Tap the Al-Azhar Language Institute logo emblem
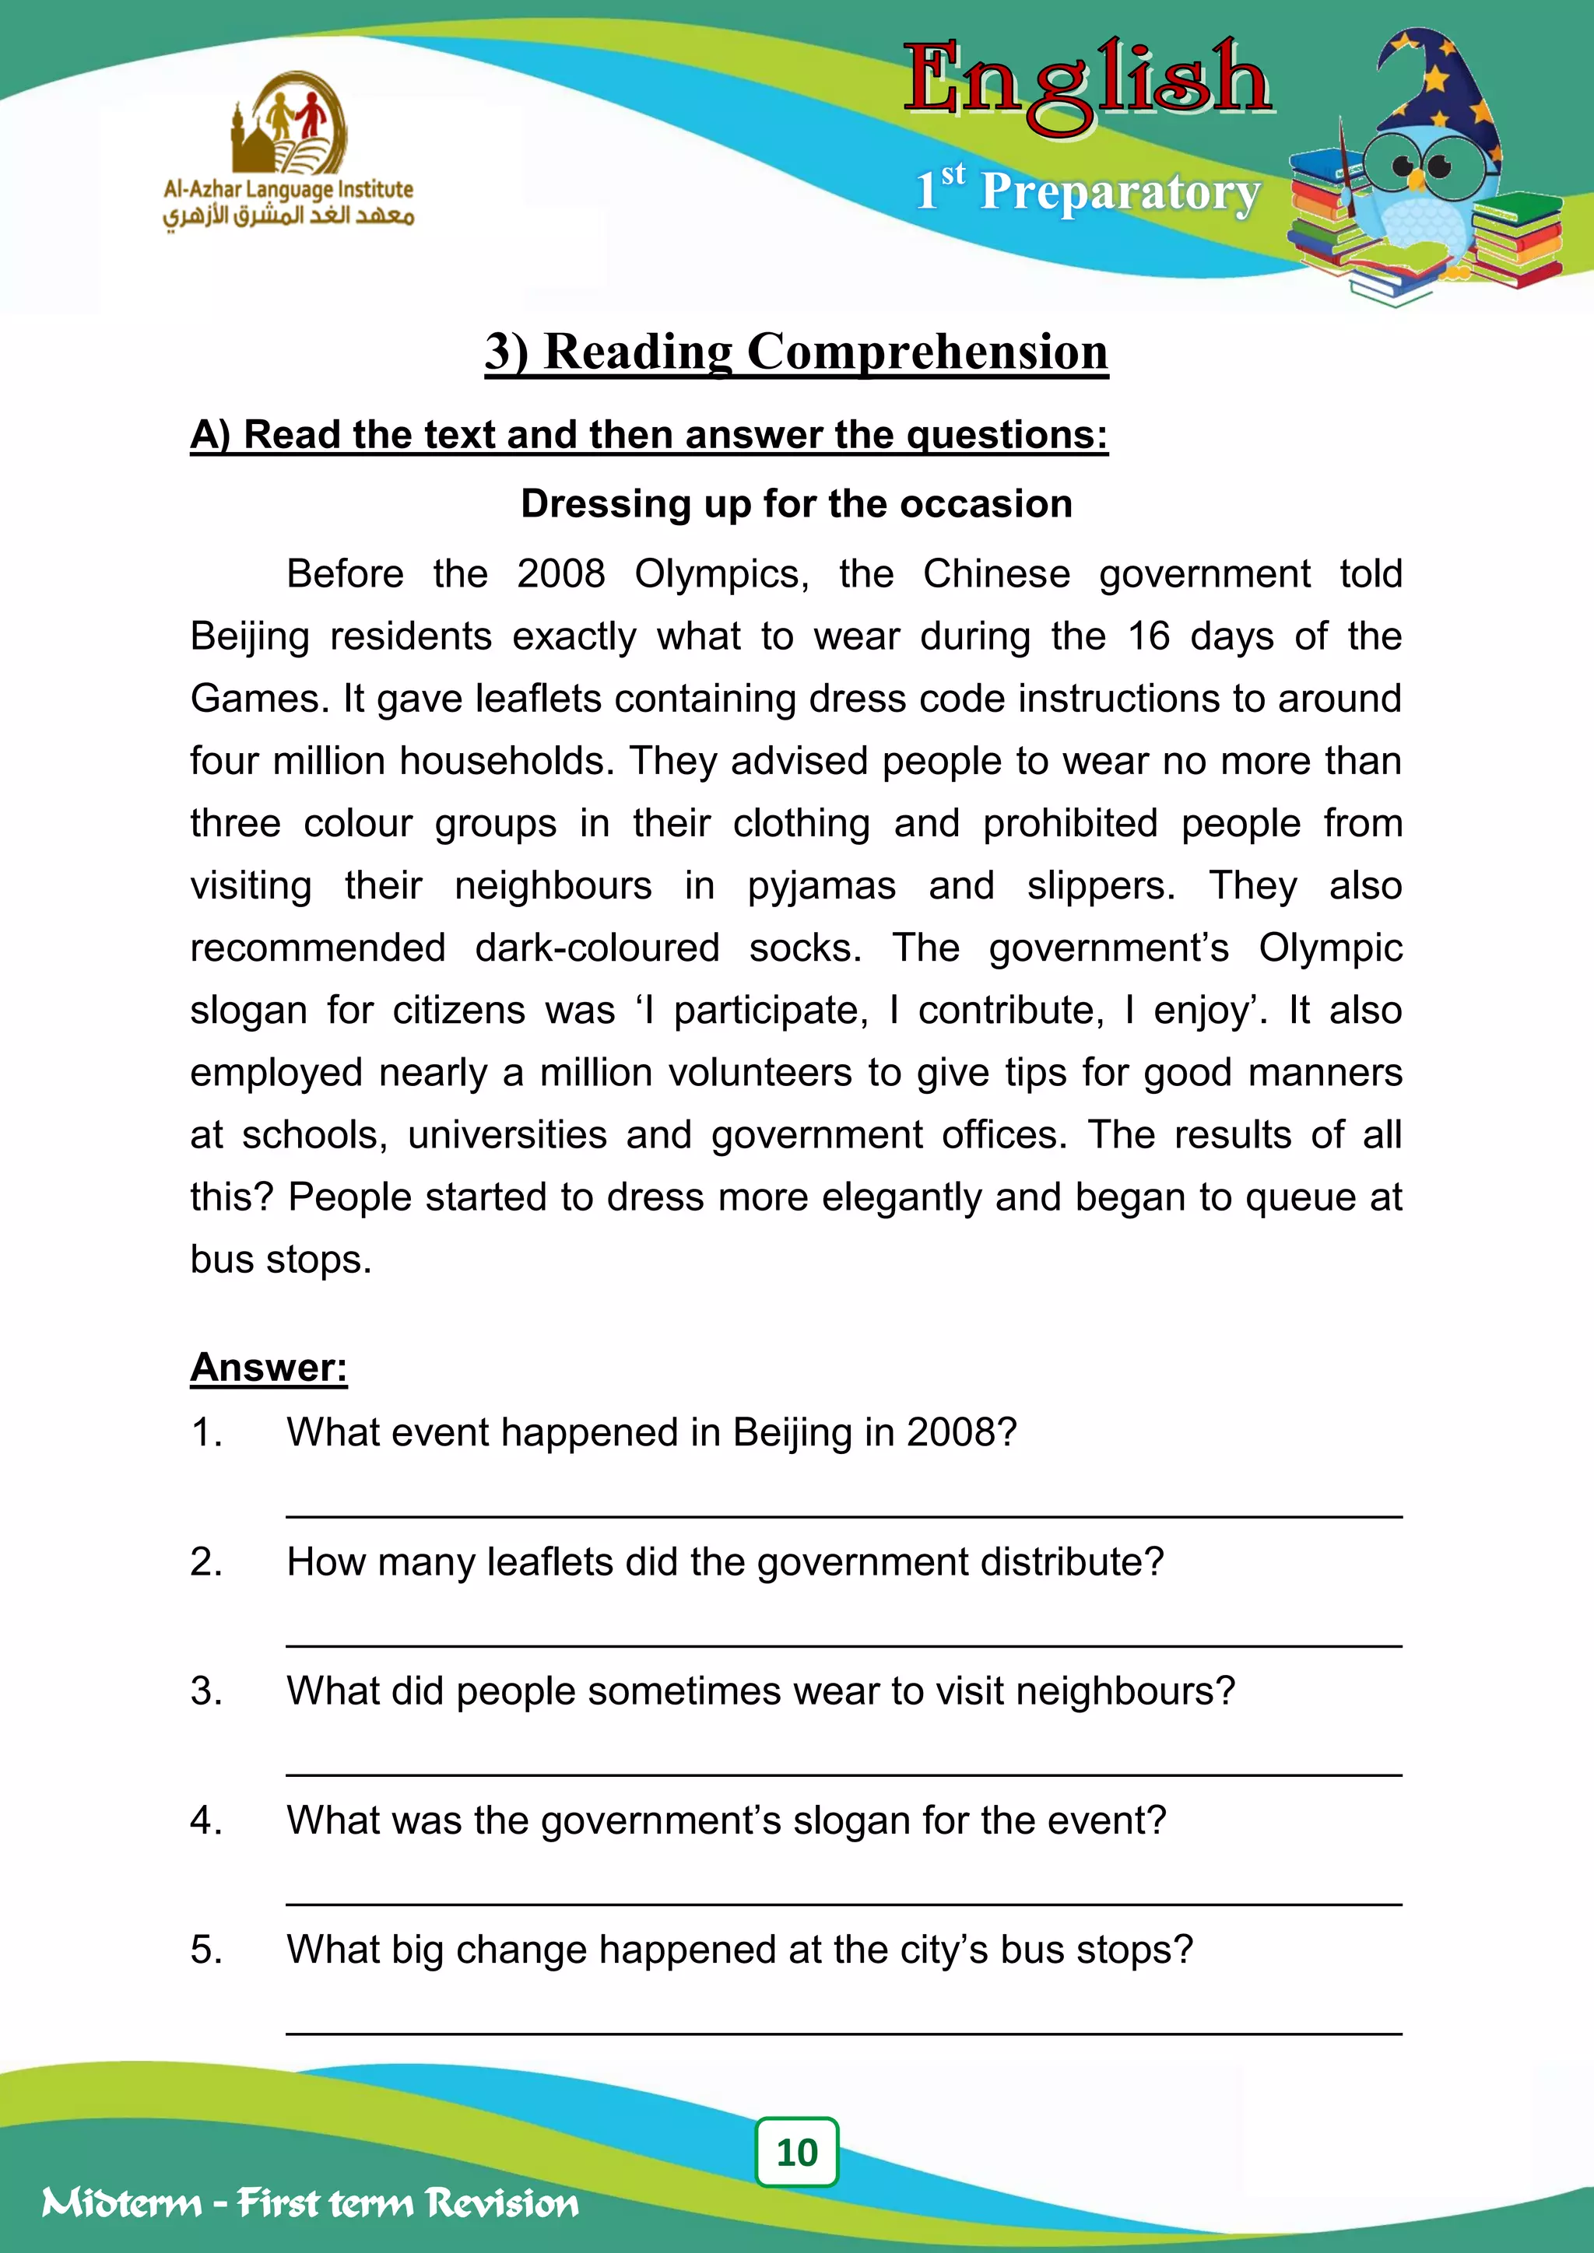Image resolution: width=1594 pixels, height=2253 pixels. pos(289,124)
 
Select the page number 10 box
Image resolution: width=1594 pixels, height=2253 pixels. pos(796,2152)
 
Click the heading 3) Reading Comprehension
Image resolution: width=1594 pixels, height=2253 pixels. pos(796,352)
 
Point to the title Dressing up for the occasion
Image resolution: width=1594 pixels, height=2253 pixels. pos(796,503)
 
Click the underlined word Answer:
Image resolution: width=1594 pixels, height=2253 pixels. pos(268,1367)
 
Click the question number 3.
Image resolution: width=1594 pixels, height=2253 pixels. pos(206,1691)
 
